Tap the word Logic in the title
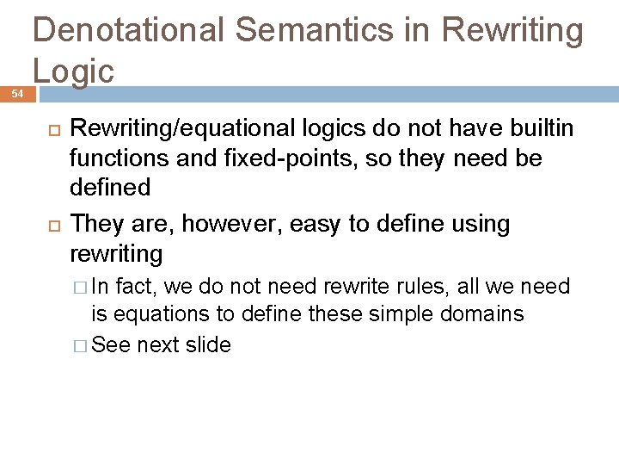(x=73, y=71)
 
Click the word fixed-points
(x=245, y=158)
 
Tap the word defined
(x=109, y=187)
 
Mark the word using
(x=475, y=224)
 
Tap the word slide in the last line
(x=207, y=344)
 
